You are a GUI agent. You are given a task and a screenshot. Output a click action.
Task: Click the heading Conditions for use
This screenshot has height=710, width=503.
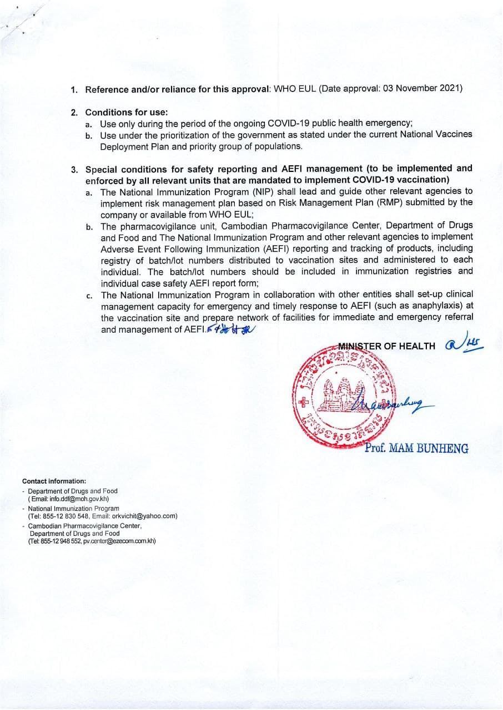coord(126,112)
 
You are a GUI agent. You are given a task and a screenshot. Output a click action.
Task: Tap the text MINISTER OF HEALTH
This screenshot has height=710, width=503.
coord(387,346)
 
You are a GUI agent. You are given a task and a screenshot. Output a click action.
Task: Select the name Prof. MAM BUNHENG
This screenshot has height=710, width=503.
coord(416,448)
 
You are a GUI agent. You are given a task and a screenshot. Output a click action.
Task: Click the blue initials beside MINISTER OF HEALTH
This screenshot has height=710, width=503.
coord(464,345)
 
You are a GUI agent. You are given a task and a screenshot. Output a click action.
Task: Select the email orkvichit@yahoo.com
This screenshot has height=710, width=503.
coord(144,515)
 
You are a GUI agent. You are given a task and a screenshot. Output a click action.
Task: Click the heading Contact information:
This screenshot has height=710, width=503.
coord(54,481)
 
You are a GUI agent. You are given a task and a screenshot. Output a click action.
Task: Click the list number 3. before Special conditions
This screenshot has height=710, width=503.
coord(74,169)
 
